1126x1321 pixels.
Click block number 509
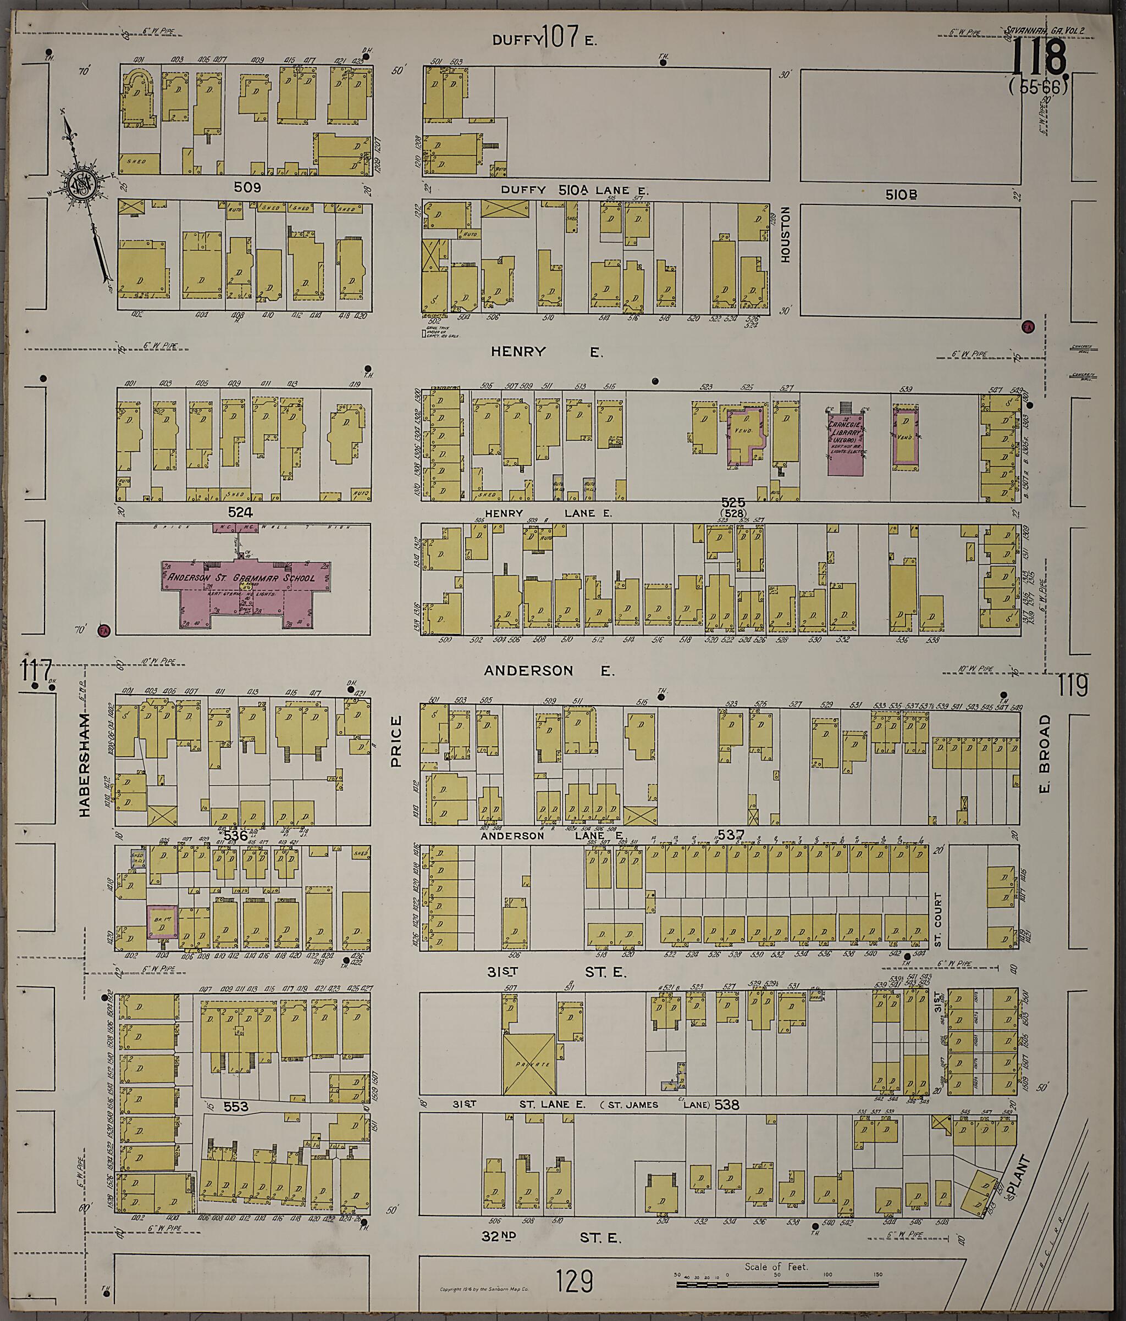247,188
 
